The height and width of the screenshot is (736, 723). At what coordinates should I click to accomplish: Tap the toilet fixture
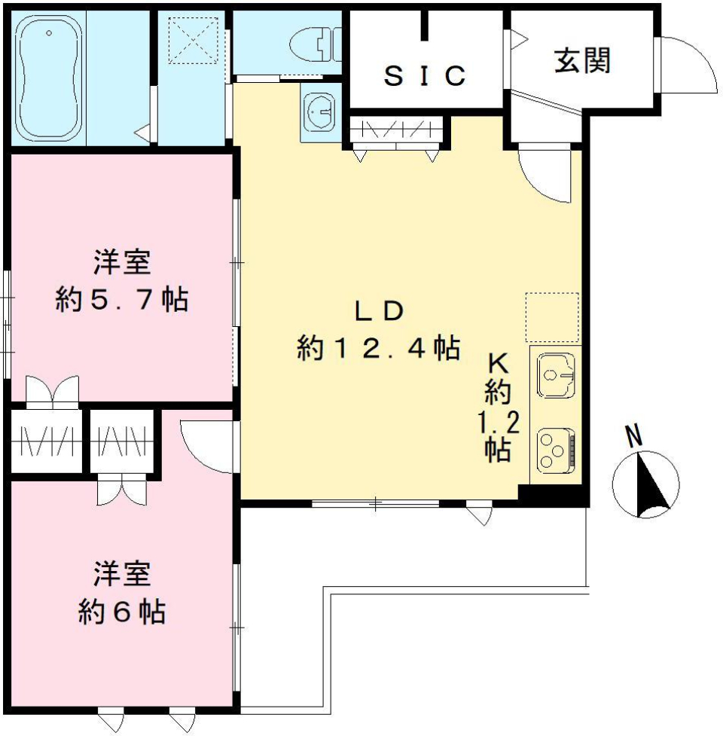(x=316, y=44)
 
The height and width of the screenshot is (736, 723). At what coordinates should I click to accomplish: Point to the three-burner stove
(x=556, y=450)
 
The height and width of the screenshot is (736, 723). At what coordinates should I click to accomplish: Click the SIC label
(x=425, y=75)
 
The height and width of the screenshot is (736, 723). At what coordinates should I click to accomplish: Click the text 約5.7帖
(x=121, y=301)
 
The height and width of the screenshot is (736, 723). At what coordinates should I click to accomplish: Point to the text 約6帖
(x=121, y=612)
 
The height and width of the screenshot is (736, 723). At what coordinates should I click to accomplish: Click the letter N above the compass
(x=635, y=435)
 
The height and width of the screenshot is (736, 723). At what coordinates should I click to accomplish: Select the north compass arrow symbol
(x=645, y=483)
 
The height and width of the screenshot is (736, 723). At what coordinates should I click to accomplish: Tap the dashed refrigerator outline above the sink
(x=552, y=317)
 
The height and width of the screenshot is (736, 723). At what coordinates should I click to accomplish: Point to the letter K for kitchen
(x=498, y=363)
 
